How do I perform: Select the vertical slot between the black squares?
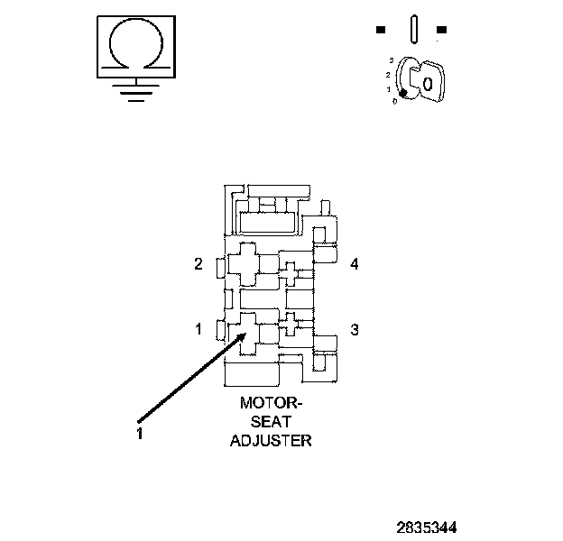pyautogui.click(x=411, y=27)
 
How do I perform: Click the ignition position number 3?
pyautogui.click(x=390, y=59)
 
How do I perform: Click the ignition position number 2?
pyautogui.click(x=387, y=73)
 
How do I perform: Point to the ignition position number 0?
pyautogui.click(x=394, y=100)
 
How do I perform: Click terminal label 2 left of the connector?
pyautogui.click(x=198, y=264)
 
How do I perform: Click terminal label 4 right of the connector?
pyautogui.click(x=355, y=264)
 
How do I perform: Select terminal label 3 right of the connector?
pyautogui.click(x=355, y=330)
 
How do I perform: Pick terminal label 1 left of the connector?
pyautogui.click(x=198, y=330)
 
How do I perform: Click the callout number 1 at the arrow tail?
pyautogui.click(x=140, y=432)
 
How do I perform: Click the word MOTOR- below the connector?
pyautogui.click(x=272, y=404)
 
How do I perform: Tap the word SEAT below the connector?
pyautogui.click(x=272, y=422)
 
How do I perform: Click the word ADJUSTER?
pyautogui.click(x=272, y=440)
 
